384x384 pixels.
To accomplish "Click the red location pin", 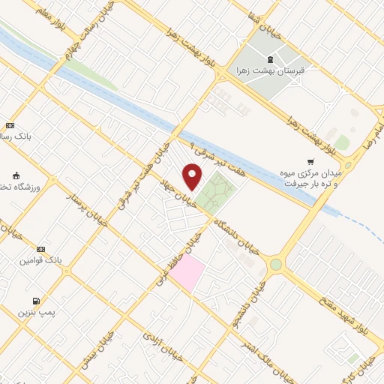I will coord(193,176).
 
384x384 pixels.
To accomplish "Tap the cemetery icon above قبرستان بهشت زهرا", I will coord(270,59).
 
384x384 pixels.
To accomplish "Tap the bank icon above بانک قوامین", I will coord(40,249).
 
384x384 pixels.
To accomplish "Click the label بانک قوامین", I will coord(40,261).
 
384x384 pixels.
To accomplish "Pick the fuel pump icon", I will coord(37,301).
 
